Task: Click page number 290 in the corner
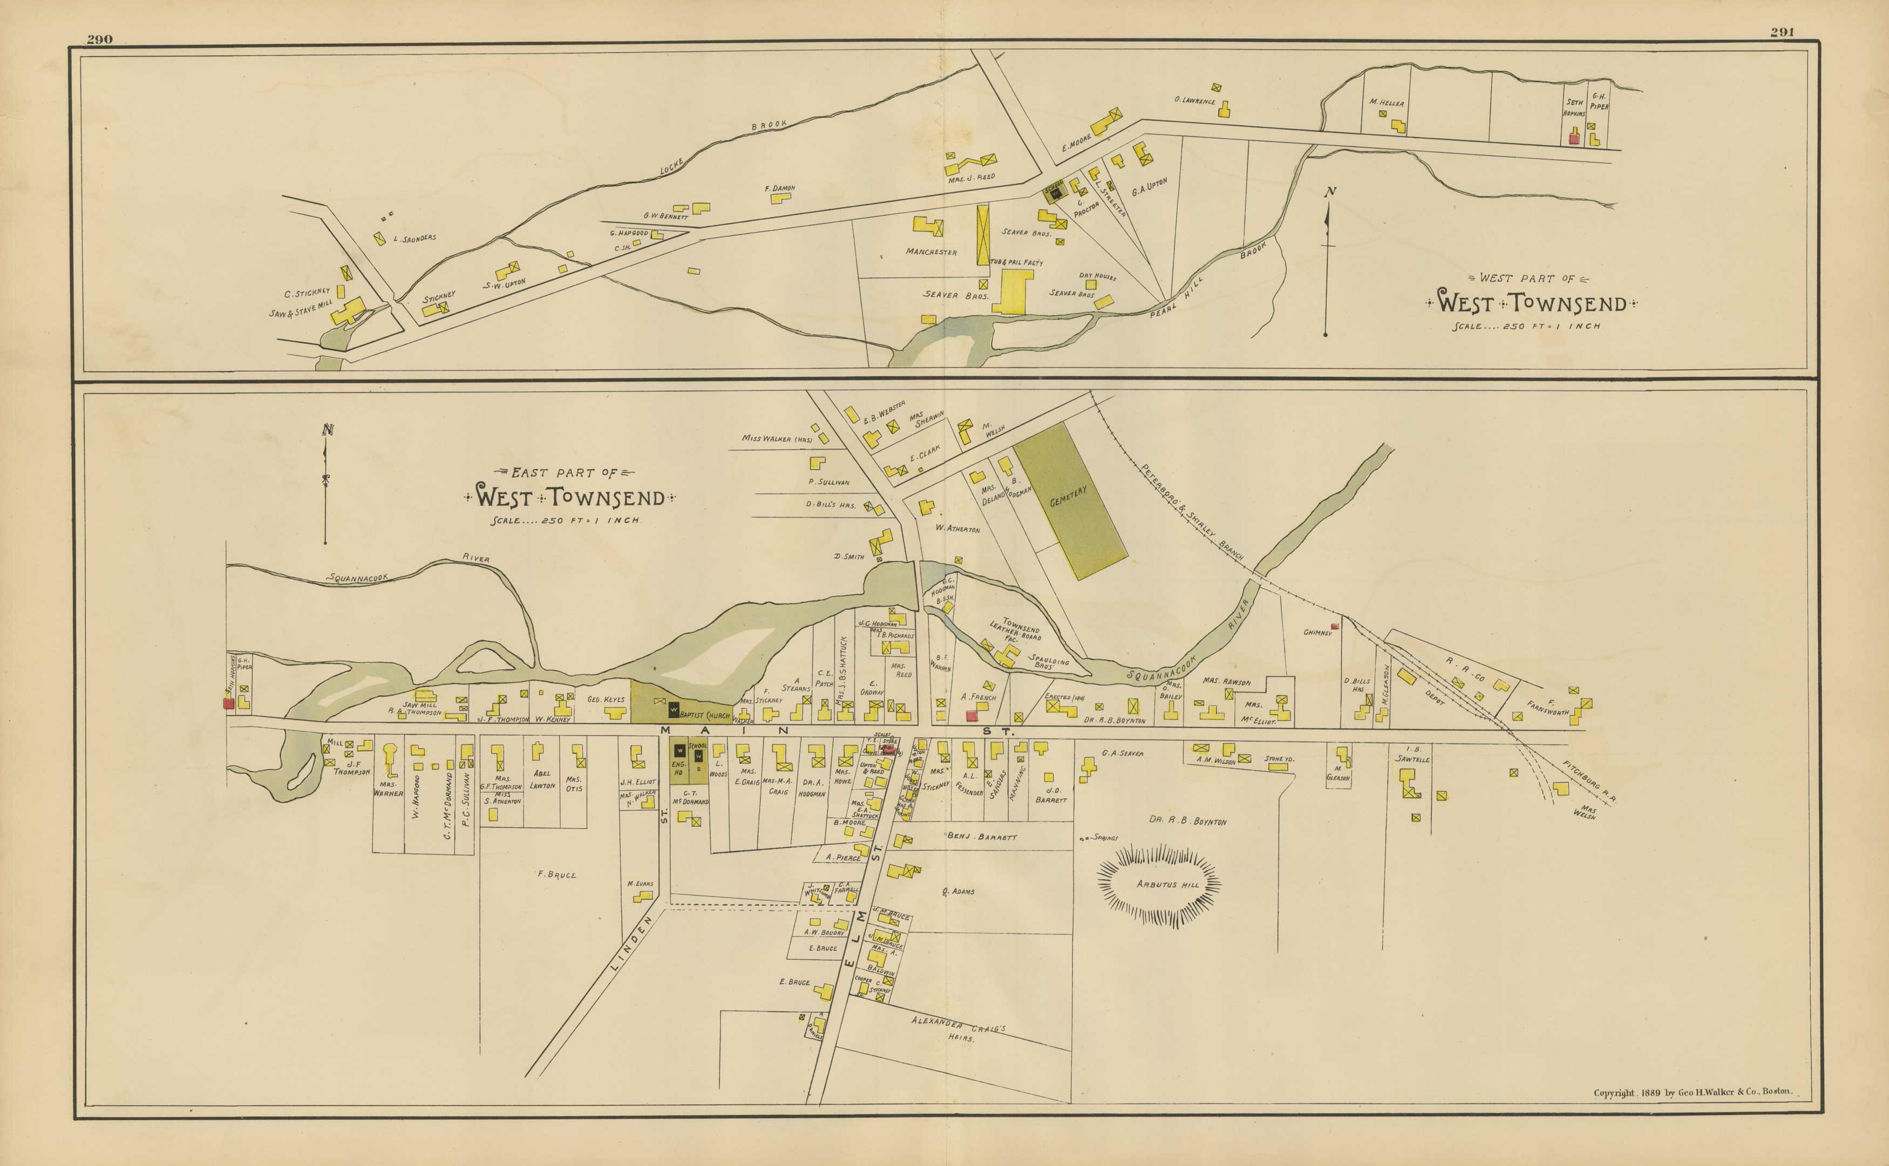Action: [99, 39]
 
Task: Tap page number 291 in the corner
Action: [1782, 32]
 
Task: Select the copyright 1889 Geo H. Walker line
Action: [1693, 1092]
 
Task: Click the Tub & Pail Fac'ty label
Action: [1017, 262]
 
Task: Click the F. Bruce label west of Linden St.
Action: [556, 875]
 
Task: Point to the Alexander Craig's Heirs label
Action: [959, 1029]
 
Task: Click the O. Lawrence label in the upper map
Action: [1194, 100]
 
